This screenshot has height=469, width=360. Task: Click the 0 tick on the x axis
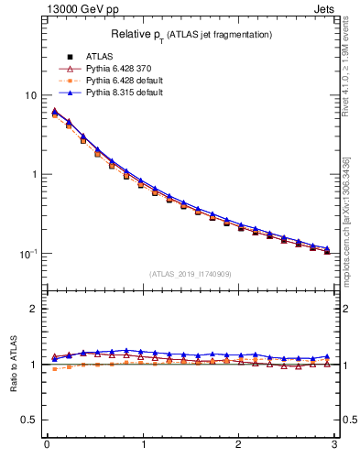[47, 445]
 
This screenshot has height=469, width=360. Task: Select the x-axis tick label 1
[142, 445]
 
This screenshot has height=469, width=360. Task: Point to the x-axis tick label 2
[238, 445]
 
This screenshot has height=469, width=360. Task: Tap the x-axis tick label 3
[334, 445]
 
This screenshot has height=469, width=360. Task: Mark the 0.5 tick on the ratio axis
[27, 420]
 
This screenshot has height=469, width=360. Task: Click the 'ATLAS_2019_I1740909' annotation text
[191, 274]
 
